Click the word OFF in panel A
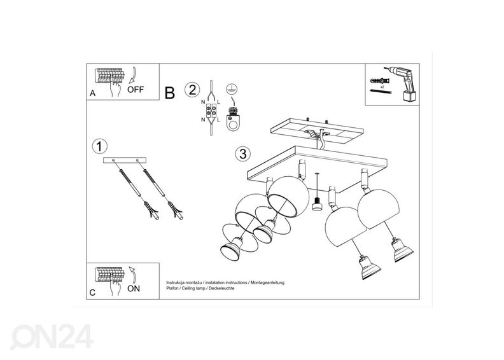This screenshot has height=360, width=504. [x=136, y=90]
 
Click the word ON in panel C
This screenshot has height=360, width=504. [x=135, y=287]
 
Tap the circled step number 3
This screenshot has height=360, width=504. [x=242, y=154]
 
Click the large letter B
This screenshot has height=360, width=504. [x=169, y=93]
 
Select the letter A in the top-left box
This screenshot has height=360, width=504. [x=92, y=93]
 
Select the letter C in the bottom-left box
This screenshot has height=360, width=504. [x=92, y=293]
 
